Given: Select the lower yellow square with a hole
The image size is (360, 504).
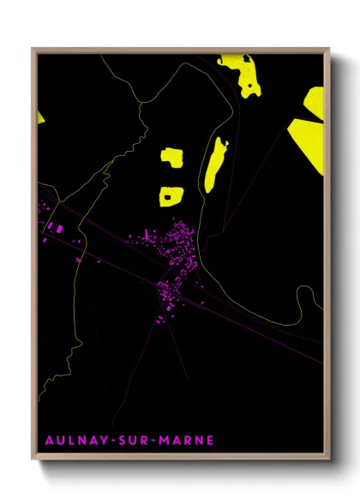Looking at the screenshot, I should [x=170, y=196].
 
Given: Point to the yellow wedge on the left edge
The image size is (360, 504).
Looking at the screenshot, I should [x=40, y=116].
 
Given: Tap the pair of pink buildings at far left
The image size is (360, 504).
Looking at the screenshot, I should [x=54, y=227].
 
